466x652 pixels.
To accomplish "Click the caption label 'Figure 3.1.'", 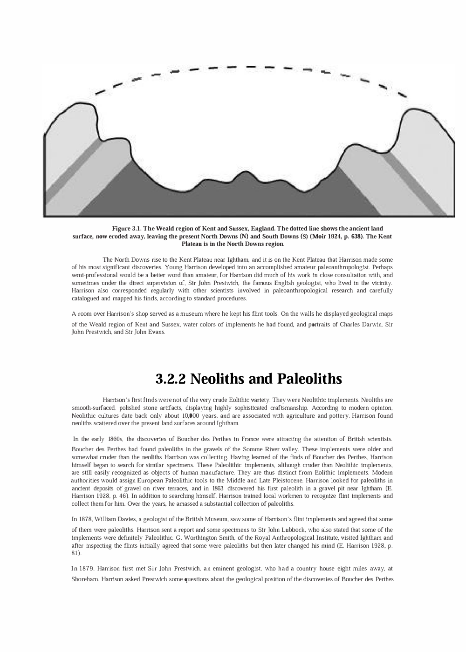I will point(126,229).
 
